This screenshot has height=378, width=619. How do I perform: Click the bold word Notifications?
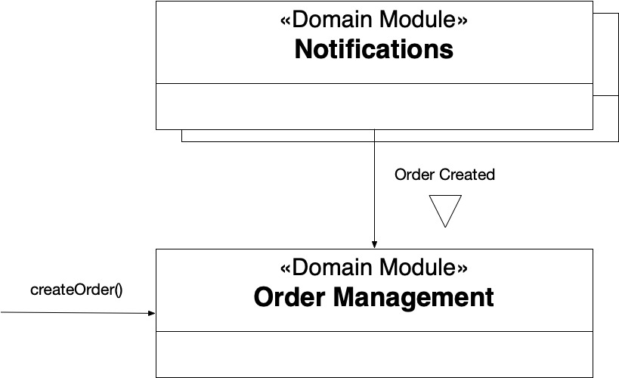(x=374, y=49)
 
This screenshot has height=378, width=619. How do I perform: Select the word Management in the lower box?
(x=413, y=298)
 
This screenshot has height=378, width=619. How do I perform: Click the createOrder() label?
(x=76, y=290)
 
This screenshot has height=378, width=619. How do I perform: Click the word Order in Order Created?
(x=414, y=175)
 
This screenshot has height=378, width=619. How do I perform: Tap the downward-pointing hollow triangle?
(x=445, y=211)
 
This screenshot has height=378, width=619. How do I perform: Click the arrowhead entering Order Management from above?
(x=374, y=244)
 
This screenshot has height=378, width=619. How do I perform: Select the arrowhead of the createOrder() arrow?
(x=152, y=313)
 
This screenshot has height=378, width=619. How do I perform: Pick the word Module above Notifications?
(x=417, y=20)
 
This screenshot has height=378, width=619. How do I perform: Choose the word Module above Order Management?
(x=417, y=268)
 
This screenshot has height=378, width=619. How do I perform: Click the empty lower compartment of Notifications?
(x=374, y=107)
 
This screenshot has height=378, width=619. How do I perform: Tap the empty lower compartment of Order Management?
(x=374, y=355)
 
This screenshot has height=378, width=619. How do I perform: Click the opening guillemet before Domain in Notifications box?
(x=286, y=21)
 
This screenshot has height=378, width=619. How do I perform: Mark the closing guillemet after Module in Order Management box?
(x=463, y=269)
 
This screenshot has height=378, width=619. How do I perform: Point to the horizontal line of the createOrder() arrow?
(x=78, y=313)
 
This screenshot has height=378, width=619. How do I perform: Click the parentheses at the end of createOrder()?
(x=119, y=290)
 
